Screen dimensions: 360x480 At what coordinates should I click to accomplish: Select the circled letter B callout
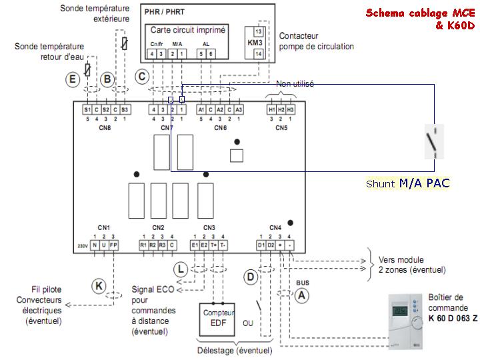pyautogui.click(x=107, y=79)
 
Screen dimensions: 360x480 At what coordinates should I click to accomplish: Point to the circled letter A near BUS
pyautogui.click(x=301, y=294)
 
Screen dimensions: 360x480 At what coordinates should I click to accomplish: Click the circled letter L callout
pyautogui.click(x=181, y=269)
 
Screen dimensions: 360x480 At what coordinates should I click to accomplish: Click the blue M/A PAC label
pyautogui.click(x=425, y=182)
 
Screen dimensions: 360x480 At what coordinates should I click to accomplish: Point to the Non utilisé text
pyautogui.click(x=295, y=84)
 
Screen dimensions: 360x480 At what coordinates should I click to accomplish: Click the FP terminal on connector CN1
pyautogui.click(x=114, y=245)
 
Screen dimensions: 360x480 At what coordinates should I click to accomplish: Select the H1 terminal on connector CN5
pyautogui.click(x=271, y=109)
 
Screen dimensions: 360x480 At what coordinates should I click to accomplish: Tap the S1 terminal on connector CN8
pyautogui.click(x=87, y=109)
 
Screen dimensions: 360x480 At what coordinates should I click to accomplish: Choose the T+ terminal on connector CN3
pyautogui.click(x=214, y=245)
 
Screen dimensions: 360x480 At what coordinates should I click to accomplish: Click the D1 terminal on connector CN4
pyautogui.click(x=261, y=245)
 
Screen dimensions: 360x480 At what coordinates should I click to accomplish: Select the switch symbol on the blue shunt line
pyautogui.click(x=432, y=142)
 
